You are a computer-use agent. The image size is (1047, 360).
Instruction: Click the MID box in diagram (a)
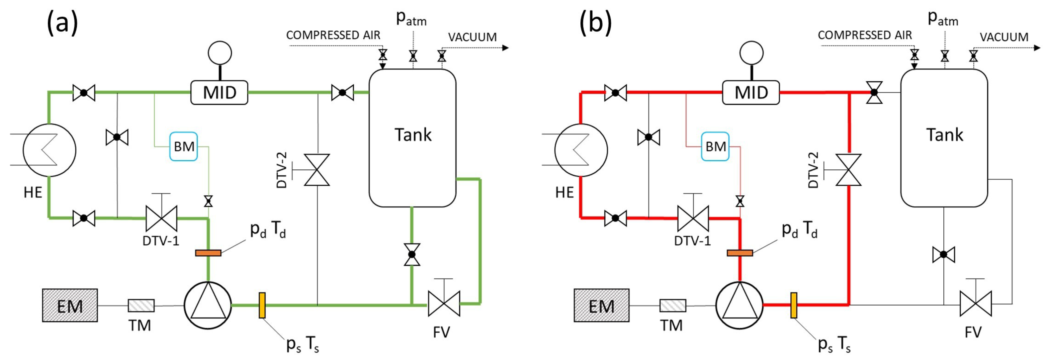click(x=219, y=93)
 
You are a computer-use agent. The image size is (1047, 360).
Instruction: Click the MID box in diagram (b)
click(x=751, y=93)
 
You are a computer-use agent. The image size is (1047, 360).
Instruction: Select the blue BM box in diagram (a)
click(x=184, y=146)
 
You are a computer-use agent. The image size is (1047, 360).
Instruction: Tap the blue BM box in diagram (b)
click(x=715, y=146)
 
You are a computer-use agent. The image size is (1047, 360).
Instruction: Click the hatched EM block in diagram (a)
click(x=70, y=306)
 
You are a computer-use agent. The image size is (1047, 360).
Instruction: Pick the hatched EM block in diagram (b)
click(x=602, y=306)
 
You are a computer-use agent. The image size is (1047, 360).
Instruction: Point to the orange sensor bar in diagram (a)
click(x=208, y=253)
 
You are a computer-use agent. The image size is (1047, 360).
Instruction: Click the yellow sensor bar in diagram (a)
click(x=262, y=305)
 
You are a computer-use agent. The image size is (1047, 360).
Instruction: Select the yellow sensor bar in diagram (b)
click(x=794, y=305)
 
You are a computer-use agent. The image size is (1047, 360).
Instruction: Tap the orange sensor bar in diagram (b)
click(x=740, y=253)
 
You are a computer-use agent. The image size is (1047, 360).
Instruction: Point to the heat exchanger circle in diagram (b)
click(x=581, y=150)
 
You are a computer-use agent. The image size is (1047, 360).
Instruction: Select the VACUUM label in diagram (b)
click(x=1004, y=37)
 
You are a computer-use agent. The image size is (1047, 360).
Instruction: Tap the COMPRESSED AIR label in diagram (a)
click(x=333, y=35)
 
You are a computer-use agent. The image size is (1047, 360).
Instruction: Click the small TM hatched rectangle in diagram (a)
click(x=141, y=306)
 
